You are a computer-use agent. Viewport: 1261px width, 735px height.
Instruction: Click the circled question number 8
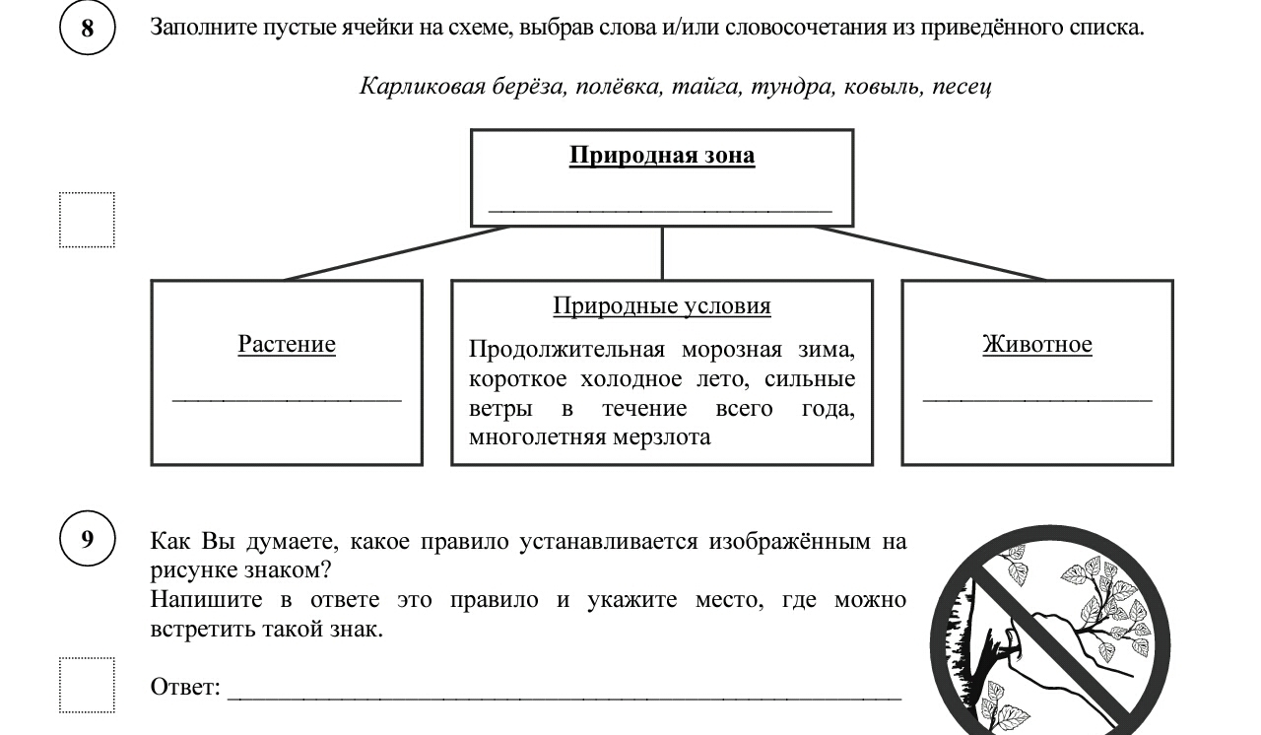pyautogui.click(x=88, y=28)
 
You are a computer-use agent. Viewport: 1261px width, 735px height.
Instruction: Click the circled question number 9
pyautogui.click(x=88, y=540)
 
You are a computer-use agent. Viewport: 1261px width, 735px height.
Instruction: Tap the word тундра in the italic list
pyautogui.click(x=789, y=86)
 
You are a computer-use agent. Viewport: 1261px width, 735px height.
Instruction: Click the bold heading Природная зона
pyautogui.click(x=662, y=156)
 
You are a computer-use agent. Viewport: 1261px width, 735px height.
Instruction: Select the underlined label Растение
pyautogui.click(x=287, y=344)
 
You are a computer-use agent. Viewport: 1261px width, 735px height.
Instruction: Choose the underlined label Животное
pyautogui.click(x=1037, y=344)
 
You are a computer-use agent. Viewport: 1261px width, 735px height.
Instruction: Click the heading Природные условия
pyautogui.click(x=662, y=306)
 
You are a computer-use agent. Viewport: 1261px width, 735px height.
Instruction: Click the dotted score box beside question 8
pyautogui.click(x=87, y=220)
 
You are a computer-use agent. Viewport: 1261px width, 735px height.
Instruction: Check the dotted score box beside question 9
pyautogui.click(x=87, y=685)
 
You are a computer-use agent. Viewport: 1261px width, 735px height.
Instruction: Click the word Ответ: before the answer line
pyautogui.click(x=185, y=687)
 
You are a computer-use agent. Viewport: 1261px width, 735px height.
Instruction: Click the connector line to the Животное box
pyautogui.click(x=931, y=253)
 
